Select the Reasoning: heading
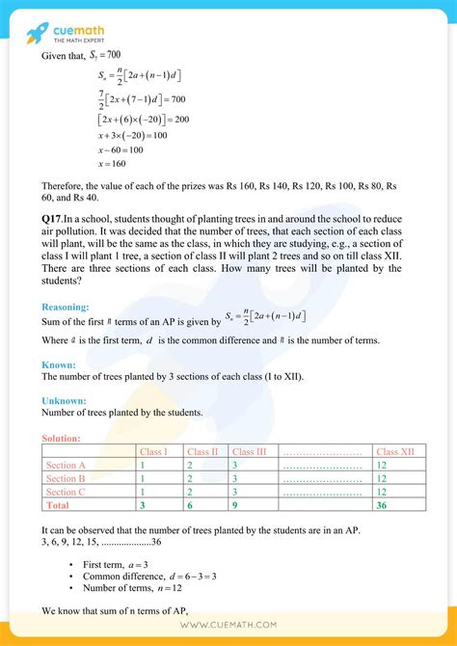[68, 307]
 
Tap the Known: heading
[60, 364]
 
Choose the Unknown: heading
[65, 400]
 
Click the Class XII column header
[394, 451]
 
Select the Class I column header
[154, 451]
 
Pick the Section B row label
[67, 477]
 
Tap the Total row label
[58, 503]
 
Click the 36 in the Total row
[383, 503]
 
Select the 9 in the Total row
[234, 503]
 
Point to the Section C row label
[67, 491]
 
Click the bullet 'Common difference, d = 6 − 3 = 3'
[162, 577]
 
